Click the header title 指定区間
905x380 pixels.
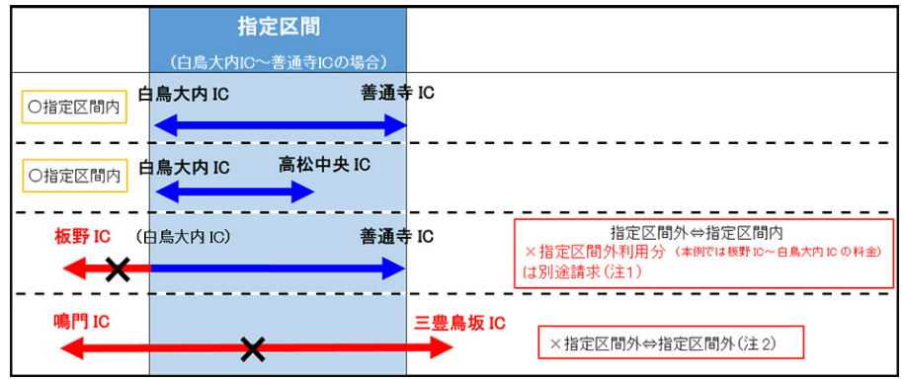coord(279,27)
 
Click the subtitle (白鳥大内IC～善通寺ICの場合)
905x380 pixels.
coord(279,60)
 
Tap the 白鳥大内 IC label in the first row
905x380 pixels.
coord(184,94)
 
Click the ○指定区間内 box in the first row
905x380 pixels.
coord(74,107)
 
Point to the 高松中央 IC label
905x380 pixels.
coord(324,166)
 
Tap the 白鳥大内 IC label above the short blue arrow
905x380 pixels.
coord(184,167)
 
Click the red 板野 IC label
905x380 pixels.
coord(83,236)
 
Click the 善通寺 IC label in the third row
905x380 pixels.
coord(397,236)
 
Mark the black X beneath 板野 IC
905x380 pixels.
coord(118,268)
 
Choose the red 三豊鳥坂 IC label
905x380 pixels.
coord(460,323)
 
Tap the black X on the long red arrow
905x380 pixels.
coord(252,348)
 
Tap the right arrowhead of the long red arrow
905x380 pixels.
coord(442,347)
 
